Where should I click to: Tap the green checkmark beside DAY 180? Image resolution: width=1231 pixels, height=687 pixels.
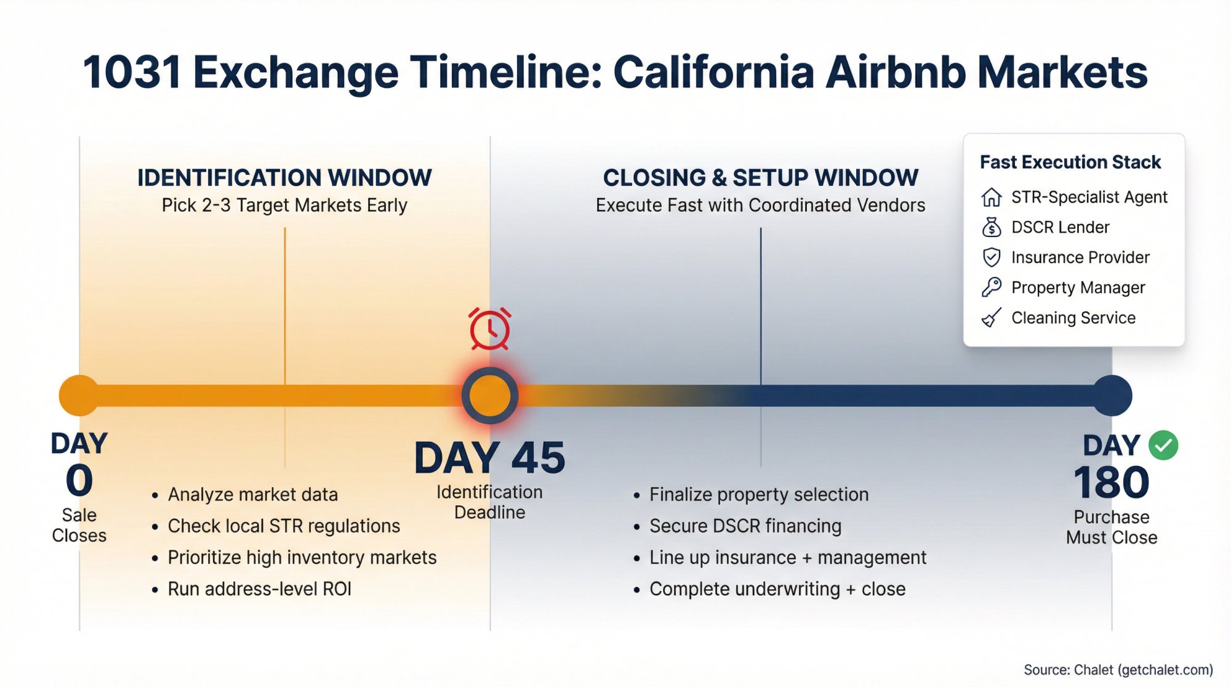1163,445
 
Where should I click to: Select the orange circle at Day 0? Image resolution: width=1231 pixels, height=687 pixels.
79,395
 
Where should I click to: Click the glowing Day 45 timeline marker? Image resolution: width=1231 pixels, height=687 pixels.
490,395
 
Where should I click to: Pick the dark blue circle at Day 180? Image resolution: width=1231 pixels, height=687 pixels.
1112,395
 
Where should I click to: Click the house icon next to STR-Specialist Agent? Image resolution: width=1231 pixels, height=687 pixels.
991,197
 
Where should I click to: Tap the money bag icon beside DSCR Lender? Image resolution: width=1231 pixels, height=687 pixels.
991,227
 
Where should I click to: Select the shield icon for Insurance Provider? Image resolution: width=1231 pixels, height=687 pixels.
991,257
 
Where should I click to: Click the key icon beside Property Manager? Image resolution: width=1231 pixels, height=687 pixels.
991,287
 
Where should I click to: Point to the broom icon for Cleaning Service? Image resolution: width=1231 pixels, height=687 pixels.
991,318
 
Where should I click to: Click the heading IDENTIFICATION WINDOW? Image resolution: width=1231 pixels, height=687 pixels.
284,178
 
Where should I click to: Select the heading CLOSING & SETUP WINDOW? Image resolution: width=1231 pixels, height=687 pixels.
761,178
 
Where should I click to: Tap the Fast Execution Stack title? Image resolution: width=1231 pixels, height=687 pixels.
1070,162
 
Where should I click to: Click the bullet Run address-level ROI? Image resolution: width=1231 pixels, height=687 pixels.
259,589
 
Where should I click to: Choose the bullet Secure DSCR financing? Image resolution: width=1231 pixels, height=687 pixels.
745,526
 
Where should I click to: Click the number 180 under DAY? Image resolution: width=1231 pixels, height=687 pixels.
1112,483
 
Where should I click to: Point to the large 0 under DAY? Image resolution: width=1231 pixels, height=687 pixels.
79,481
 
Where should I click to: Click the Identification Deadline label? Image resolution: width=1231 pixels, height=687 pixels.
490,502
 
